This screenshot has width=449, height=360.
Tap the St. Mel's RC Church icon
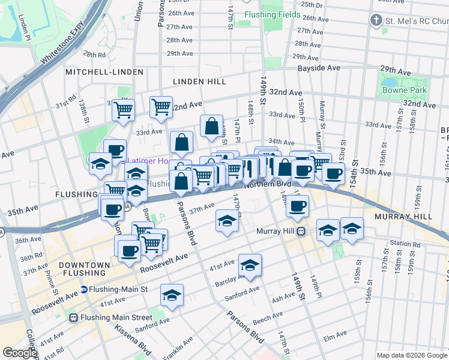[x=376, y=20]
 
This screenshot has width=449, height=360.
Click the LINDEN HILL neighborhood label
[x=199, y=81]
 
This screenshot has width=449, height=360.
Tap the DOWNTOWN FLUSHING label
[x=84, y=270]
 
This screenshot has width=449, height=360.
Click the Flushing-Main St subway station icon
[x=84, y=289]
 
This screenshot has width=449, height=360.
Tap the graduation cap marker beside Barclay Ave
[x=250, y=265]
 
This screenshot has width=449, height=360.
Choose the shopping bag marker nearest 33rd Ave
[x=211, y=126]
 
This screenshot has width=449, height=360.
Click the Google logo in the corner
[x=19, y=353]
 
